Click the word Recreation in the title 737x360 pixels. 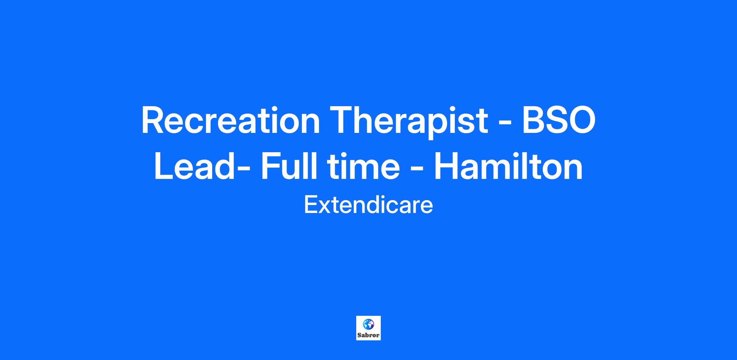231,120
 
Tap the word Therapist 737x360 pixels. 409,122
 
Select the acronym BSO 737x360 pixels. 559,120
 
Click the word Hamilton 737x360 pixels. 509,165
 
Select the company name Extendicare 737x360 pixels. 368,205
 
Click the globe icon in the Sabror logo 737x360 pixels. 368,324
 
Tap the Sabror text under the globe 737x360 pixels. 368,335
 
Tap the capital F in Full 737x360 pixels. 271,166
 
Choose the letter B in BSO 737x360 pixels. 535,120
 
